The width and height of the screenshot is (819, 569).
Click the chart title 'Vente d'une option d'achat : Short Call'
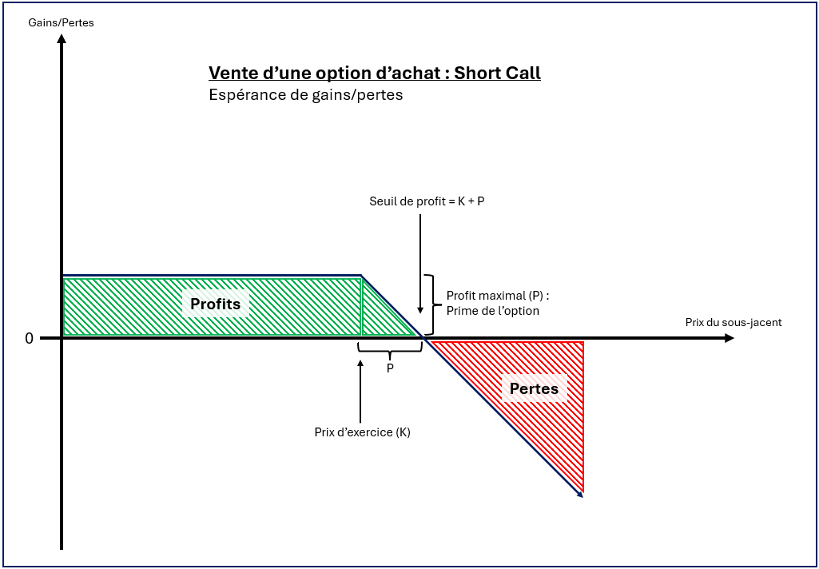click(x=374, y=74)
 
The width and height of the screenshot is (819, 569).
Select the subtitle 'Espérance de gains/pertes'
click(x=305, y=95)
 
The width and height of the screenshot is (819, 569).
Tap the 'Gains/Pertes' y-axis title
click(x=61, y=22)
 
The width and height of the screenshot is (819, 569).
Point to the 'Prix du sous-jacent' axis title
click(x=733, y=322)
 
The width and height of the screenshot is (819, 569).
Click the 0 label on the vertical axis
click(x=30, y=338)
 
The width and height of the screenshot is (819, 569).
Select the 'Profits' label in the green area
click(x=215, y=304)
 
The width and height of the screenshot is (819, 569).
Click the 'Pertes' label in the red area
click(x=534, y=389)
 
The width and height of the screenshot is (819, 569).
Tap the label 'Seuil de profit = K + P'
click(x=427, y=201)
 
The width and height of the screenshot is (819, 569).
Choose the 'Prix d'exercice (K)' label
click(x=362, y=432)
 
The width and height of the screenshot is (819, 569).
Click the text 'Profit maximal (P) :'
click(x=498, y=296)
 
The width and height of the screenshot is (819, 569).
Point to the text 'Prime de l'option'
click(x=493, y=311)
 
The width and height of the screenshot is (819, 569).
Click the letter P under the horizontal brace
click(x=390, y=368)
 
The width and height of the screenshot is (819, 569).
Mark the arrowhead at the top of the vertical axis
click(x=62, y=39)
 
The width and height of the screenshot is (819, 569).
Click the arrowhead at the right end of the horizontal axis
click(x=728, y=339)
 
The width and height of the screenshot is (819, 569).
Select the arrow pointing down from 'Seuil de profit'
click(x=420, y=264)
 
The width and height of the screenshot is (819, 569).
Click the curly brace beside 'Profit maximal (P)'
click(x=431, y=304)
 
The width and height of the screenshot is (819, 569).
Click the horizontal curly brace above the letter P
click(x=390, y=349)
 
